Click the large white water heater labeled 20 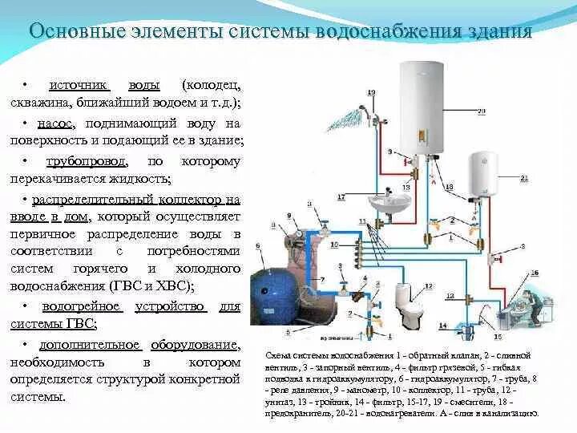pyautogui.click(x=421, y=107)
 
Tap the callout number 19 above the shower pyautogui.click(x=370, y=93)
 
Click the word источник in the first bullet pyautogui.click(x=79, y=84)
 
